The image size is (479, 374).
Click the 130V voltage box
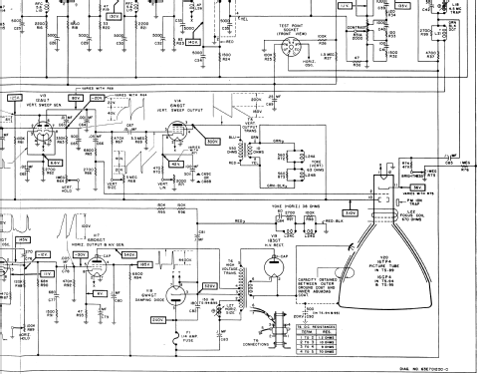click(116, 17)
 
